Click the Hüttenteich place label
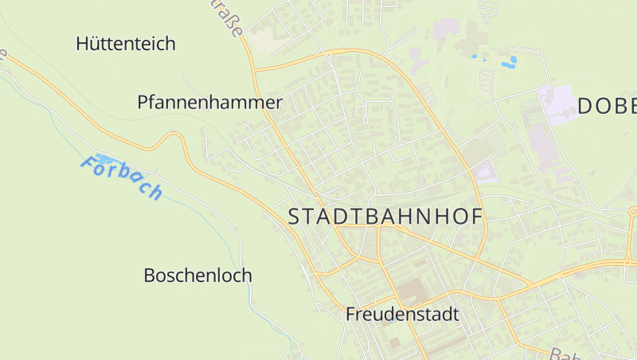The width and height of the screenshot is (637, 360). [x=126, y=44]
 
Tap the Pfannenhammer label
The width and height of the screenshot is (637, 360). [x=209, y=103]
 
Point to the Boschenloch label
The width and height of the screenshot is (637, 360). [x=197, y=276]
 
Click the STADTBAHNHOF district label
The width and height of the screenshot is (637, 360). [x=385, y=216]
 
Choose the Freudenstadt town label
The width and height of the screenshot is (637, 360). [x=402, y=315]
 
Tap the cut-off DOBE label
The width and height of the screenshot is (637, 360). [x=607, y=106]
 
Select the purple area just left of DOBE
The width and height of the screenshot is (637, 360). [x=557, y=104]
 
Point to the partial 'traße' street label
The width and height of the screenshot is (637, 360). [x=229, y=18]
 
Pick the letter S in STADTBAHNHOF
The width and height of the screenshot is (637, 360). [x=294, y=216]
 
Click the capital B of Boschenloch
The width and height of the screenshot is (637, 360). [x=150, y=276]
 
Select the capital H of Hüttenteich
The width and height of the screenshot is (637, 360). [x=83, y=44]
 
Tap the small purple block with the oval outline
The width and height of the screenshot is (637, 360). [x=483, y=170]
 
